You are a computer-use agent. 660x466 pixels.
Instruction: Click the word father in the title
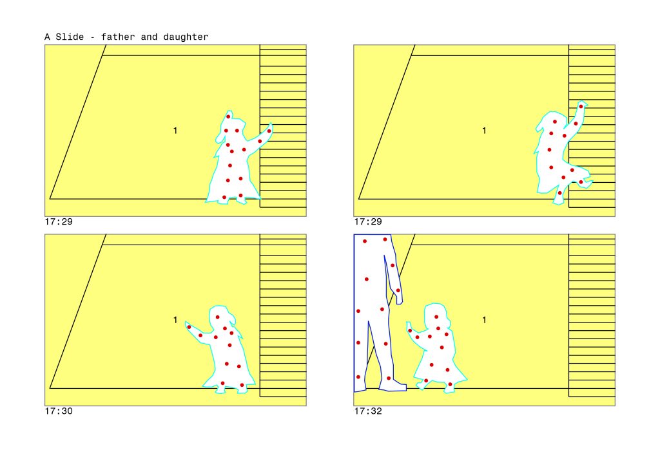coord(118,37)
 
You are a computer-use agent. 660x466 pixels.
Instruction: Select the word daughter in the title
coord(186,37)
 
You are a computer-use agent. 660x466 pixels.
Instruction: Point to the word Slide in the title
coord(70,37)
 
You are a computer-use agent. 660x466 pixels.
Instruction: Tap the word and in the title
coord(149,37)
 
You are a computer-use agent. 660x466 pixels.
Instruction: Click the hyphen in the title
coord(92,37)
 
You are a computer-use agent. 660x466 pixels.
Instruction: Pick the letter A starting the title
coord(47,37)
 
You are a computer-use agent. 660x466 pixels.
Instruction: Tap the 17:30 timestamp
coord(59,411)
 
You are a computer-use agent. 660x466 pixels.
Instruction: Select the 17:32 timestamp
coord(368,411)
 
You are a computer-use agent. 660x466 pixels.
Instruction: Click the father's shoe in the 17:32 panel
coord(393,384)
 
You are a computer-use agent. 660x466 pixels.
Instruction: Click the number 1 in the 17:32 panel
coord(484,320)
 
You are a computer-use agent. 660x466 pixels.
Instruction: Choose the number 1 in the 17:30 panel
coord(175,320)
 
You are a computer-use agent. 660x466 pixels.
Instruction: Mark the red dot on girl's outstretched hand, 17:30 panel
coord(189,327)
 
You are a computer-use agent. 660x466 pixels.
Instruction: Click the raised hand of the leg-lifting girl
coord(581,106)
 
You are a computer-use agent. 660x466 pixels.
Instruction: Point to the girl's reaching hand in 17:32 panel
coord(410,329)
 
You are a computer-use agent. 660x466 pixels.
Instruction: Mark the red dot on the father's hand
coord(398,290)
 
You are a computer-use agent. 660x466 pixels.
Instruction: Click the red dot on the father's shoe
coord(389,378)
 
